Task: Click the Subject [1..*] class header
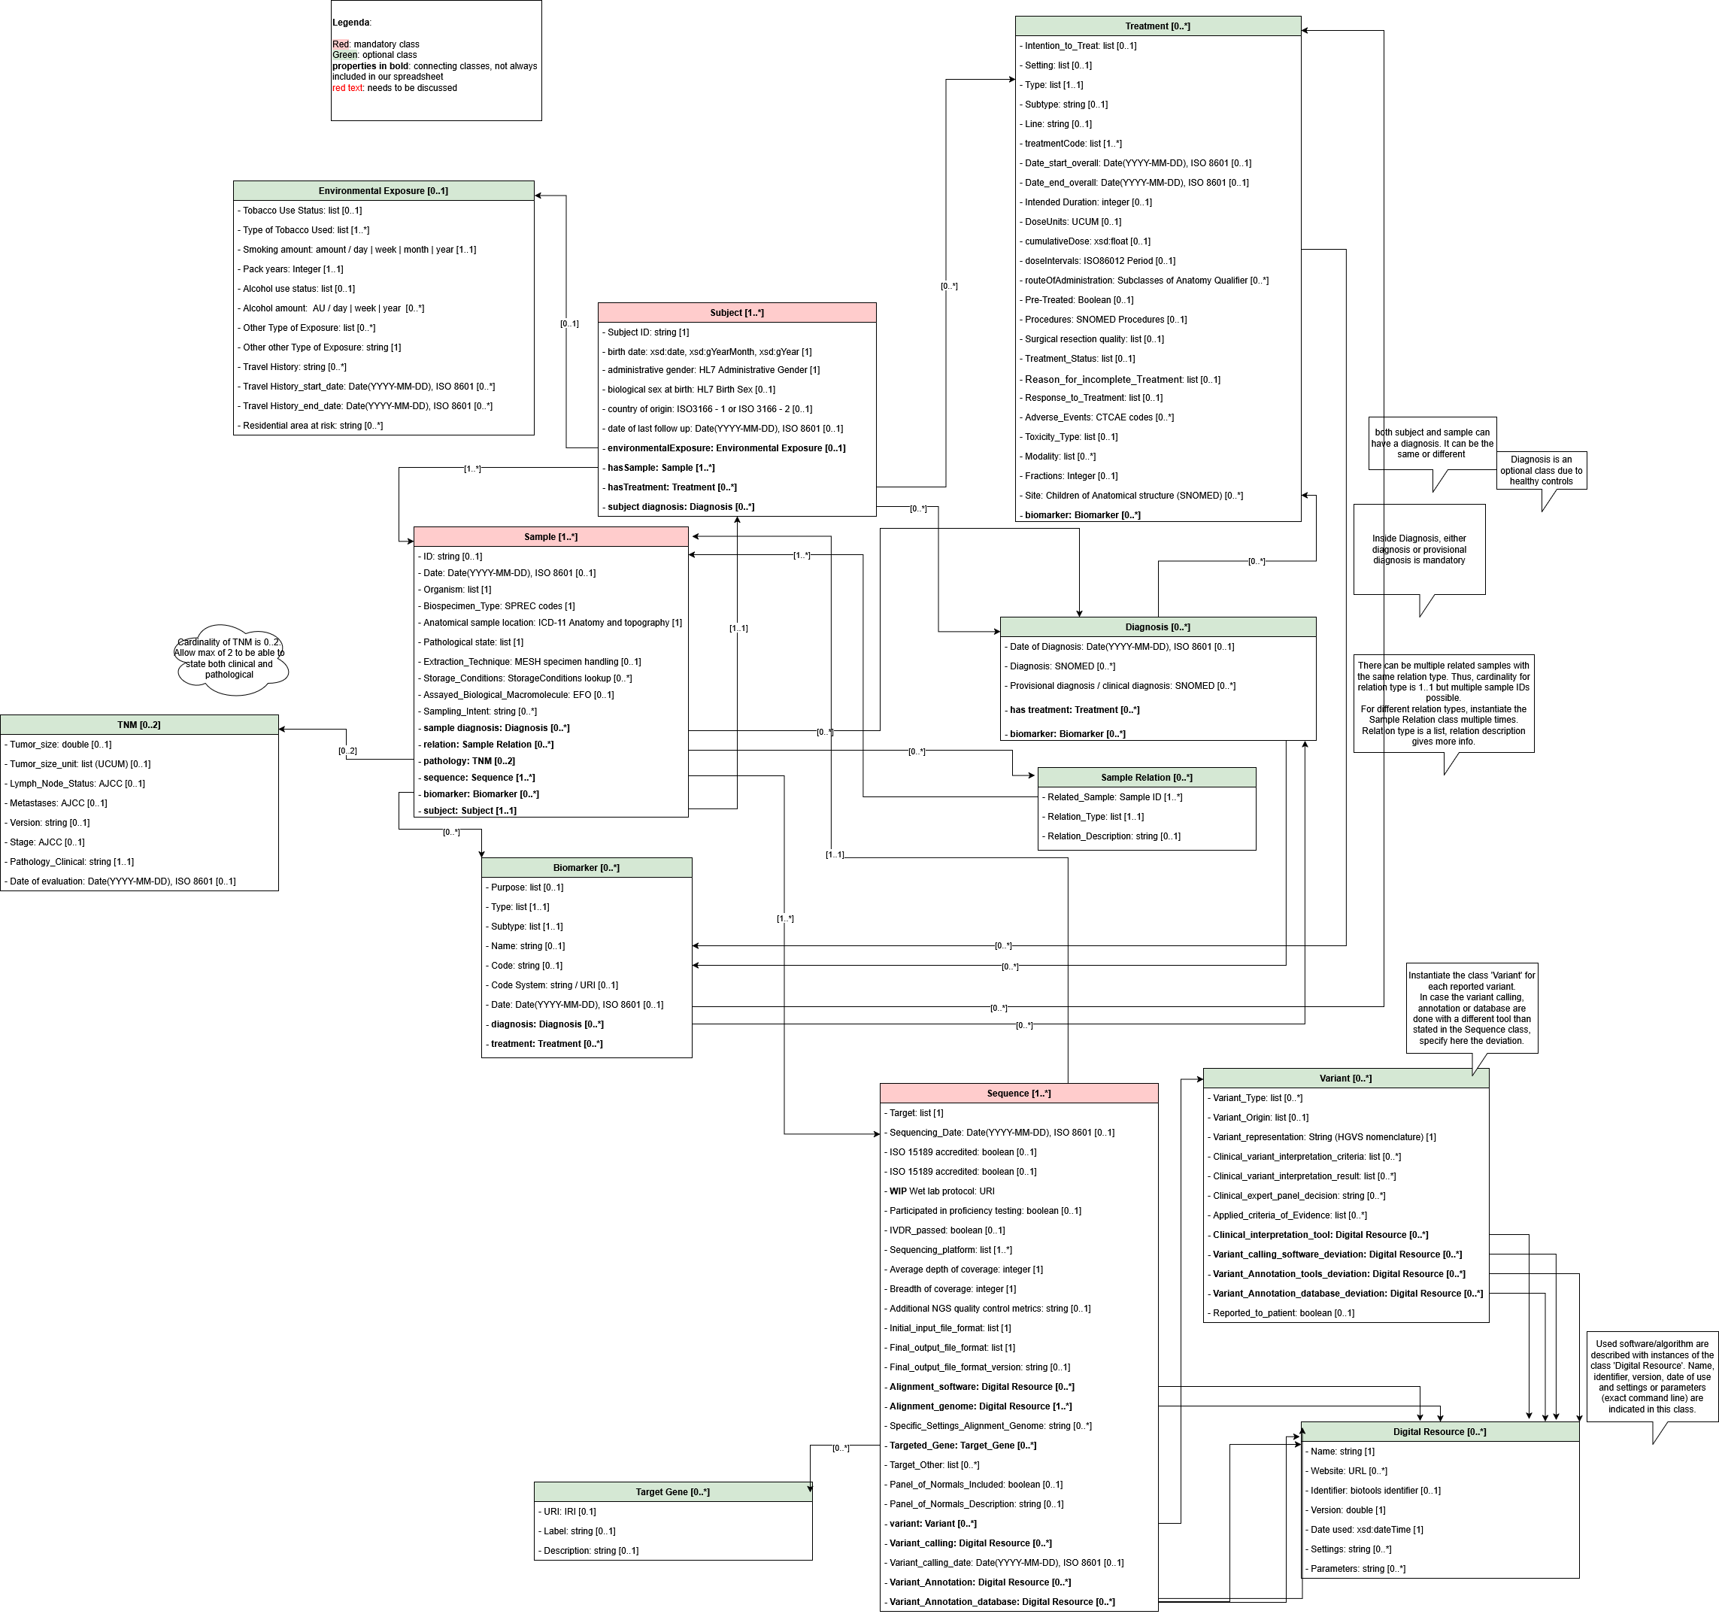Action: pos(737,312)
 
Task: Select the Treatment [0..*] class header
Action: pos(1157,26)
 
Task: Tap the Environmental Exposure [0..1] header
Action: pos(383,190)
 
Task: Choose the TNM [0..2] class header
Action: pos(139,725)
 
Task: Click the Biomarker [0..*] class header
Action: pos(587,868)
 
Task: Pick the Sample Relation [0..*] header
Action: pos(1146,778)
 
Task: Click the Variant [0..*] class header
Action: pos(1345,1078)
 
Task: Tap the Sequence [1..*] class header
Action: pos(1019,1094)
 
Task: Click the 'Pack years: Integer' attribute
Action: pos(293,269)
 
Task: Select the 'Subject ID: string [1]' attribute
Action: pos(647,332)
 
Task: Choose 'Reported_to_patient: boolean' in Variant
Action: pos(1283,1313)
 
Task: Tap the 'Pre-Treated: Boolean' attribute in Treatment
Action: pos(1078,300)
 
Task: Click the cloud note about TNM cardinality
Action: pos(230,658)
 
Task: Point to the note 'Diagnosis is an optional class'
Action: pos(1541,471)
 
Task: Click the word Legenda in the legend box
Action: pos(351,23)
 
